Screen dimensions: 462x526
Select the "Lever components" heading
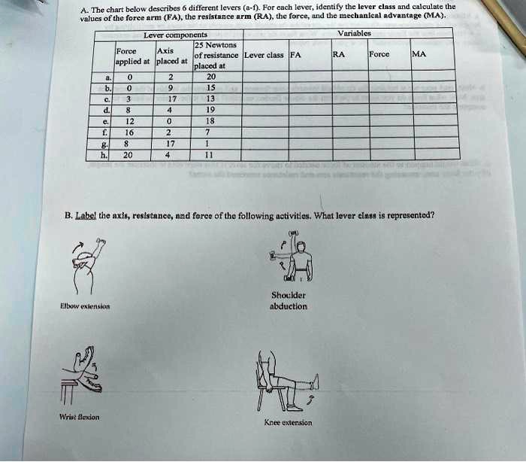pyautogui.click(x=175, y=35)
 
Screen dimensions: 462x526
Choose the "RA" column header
pyautogui.click(x=339, y=54)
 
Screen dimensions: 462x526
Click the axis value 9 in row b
pyautogui.click(x=171, y=87)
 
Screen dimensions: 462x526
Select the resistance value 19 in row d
pyautogui.click(x=210, y=109)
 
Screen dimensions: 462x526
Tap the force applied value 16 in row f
pyautogui.click(x=129, y=131)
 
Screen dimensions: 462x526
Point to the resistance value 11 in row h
pyautogui.click(x=210, y=155)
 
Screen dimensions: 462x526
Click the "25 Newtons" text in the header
pyautogui.click(x=215, y=46)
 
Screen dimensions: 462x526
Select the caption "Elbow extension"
pyautogui.click(x=86, y=306)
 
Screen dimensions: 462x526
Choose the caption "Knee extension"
pyautogui.click(x=288, y=423)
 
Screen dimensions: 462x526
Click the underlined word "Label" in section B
pyautogui.click(x=86, y=214)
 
